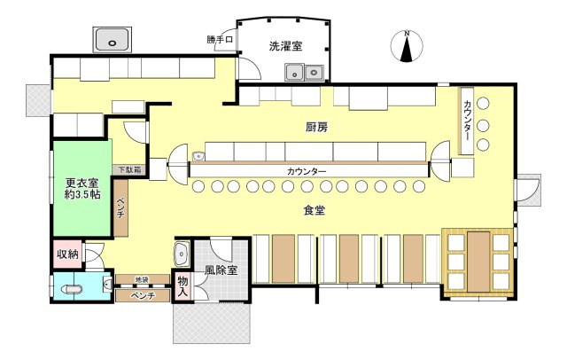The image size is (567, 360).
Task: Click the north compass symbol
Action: pyautogui.click(x=406, y=46)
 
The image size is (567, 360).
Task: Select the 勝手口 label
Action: pyautogui.click(x=219, y=39)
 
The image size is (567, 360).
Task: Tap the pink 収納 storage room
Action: pyautogui.click(x=67, y=254)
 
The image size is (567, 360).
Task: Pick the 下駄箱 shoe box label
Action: pyautogui.click(x=125, y=169)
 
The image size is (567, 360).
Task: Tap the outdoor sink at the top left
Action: pyautogui.click(x=113, y=40)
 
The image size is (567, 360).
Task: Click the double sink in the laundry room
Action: pyautogui.click(x=304, y=72)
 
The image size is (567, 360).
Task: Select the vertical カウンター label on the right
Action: pyautogui.click(x=467, y=119)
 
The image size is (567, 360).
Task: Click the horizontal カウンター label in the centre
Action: pyautogui.click(x=307, y=170)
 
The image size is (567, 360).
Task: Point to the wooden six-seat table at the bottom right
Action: pyautogui.click(x=478, y=261)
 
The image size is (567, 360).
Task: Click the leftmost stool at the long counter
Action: pyautogui.click(x=198, y=186)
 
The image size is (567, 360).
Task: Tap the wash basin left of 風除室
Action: pyautogui.click(x=183, y=254)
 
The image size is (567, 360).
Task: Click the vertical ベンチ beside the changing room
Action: pyautogui.click(x=120, y=209)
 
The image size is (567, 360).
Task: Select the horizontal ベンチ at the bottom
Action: pyautogui.click(x=142, y=295)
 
